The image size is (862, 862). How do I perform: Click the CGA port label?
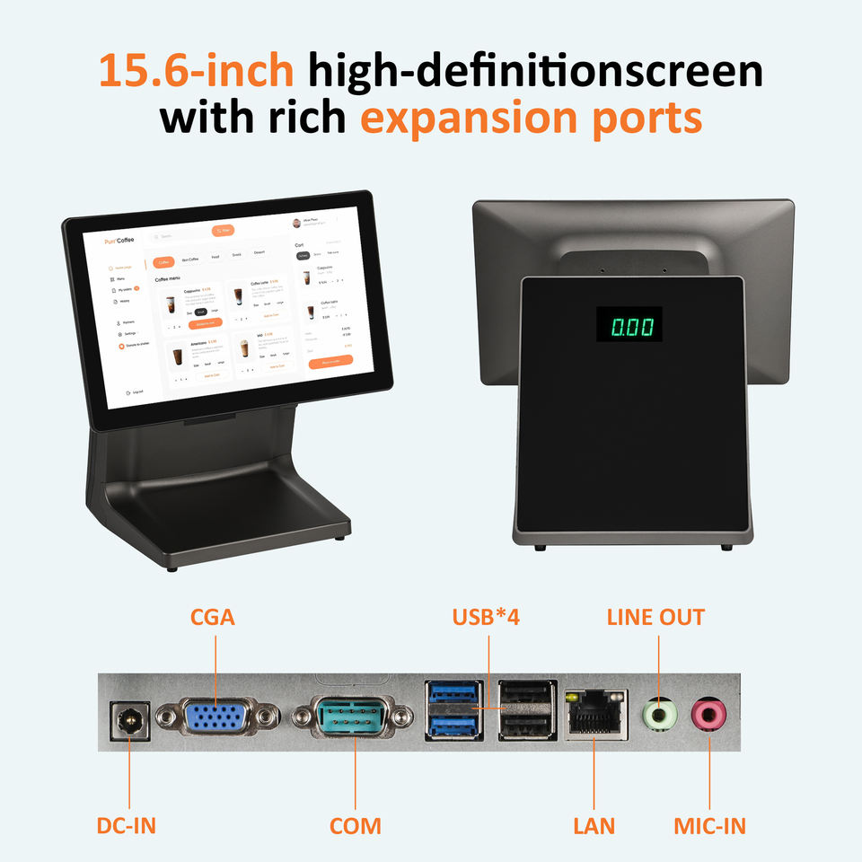213,618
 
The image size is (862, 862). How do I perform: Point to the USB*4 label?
487,618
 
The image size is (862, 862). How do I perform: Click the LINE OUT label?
655,618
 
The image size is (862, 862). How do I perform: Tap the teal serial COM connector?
355,718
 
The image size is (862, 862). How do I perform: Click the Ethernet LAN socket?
594,715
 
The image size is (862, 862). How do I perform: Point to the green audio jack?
659,716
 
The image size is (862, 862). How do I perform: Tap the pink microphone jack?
708,716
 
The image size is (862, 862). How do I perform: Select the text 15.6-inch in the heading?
196,72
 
